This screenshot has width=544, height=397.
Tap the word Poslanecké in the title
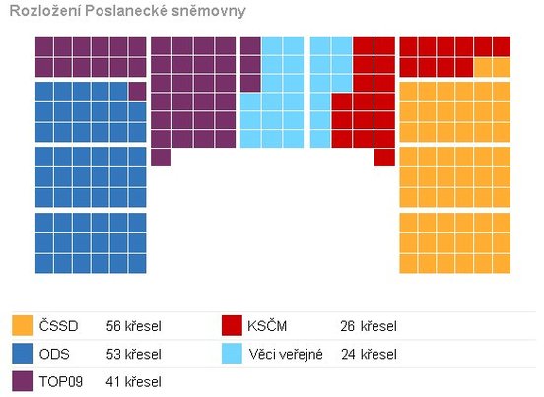(x=123, y=11)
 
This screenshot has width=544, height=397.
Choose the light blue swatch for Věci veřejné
(x=232, y=353)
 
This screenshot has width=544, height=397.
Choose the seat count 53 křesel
(x=133, y=353)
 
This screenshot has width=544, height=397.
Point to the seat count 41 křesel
(x=133, y=379)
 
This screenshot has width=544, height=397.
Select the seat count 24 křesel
(x=370, y=353)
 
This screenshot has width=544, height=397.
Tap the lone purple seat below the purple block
(x=161, y=157)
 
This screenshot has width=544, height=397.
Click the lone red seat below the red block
(x=384, y=157)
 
